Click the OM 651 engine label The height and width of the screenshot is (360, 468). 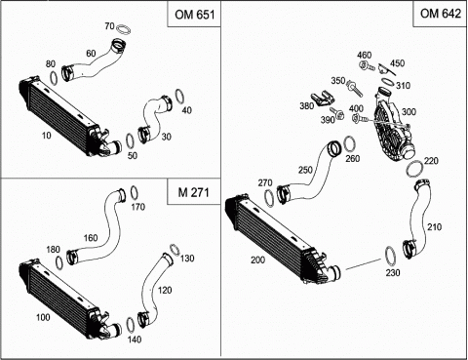tap(194, 15)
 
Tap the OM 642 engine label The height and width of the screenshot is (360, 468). tap(441, 14)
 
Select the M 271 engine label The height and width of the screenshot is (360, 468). tap(193, 192)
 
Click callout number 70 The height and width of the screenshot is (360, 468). tap(109, 26)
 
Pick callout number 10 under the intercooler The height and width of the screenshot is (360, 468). tap(47, 135)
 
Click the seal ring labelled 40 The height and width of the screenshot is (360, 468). tap(179, 97)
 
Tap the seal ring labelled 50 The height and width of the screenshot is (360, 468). tap(130, 141)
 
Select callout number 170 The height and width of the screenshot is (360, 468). tap(138, 207)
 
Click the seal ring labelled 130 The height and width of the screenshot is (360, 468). tap(175, 250)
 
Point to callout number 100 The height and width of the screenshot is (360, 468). tap(43, 317)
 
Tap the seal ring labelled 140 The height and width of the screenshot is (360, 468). tap(130, 325)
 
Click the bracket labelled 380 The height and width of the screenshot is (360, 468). tap(323, 100)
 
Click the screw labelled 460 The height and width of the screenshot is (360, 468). tap(367, 66)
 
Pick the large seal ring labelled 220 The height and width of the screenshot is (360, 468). tap(415, 169)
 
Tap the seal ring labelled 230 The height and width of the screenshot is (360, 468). tap(390, 256)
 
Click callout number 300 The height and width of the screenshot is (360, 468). tap(409, 112)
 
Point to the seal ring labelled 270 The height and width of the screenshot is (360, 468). tap(269, 198)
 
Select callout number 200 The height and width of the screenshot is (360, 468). tap(257, 260)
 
